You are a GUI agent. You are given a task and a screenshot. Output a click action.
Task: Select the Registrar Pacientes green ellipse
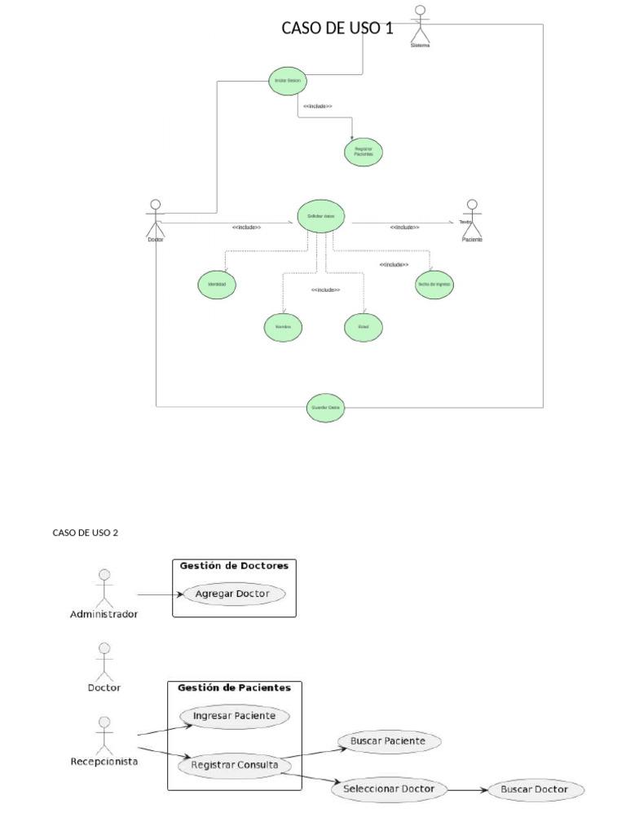pos(363,152)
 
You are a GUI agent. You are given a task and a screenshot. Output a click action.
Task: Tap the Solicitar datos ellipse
pos(321,216)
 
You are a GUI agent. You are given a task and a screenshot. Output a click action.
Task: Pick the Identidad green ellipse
pos(216,285)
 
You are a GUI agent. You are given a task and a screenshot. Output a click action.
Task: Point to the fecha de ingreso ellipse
pos(434,285)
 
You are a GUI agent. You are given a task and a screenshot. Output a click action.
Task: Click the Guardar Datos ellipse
pos(325,408)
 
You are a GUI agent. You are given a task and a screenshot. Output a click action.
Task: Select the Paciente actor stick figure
pos(471,216)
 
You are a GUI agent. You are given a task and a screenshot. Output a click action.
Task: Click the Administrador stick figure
pos(103,589)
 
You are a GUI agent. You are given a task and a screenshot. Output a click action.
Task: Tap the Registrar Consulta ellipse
pos(235,766)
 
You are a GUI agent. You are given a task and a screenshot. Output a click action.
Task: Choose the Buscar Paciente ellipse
pos(387,741)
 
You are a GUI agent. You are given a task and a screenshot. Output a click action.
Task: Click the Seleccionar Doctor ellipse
pos(395,789)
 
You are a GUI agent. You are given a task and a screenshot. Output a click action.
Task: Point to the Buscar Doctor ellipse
pos(533,789)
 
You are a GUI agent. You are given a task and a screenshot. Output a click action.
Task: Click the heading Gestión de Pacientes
pos(234,687)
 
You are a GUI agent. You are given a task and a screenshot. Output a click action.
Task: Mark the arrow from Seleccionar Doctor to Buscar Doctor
pos(468,789)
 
